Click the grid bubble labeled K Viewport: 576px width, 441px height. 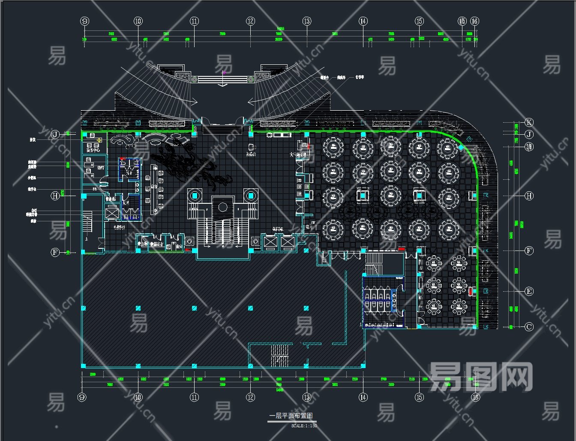tap(529, 122)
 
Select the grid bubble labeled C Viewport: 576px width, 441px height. tap(529, 327)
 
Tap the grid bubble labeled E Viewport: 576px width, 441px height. tap(529, 292)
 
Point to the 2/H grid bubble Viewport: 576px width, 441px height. tap(529, 147)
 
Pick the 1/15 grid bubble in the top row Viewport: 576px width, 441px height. tap(462, 21)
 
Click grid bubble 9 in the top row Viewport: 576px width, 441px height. tap(85, 21)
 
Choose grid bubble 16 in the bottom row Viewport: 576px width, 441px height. tap(475, 397)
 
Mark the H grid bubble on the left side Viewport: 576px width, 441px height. tap(55, 196)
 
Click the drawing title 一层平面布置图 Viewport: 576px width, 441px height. tap(291, 416)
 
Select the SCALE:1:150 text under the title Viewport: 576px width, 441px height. tap(304, 426)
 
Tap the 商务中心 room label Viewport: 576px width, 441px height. tap(93, 151)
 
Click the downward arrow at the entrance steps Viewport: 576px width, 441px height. tap(223, 84)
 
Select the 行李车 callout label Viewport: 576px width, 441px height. tap(360, 78)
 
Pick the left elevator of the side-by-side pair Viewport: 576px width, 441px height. tap(271, 242)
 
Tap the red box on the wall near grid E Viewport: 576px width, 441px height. tap(471, 291)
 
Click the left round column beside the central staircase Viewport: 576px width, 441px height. tap(195, 196)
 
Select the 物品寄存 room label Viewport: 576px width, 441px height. tap(156, 244)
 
